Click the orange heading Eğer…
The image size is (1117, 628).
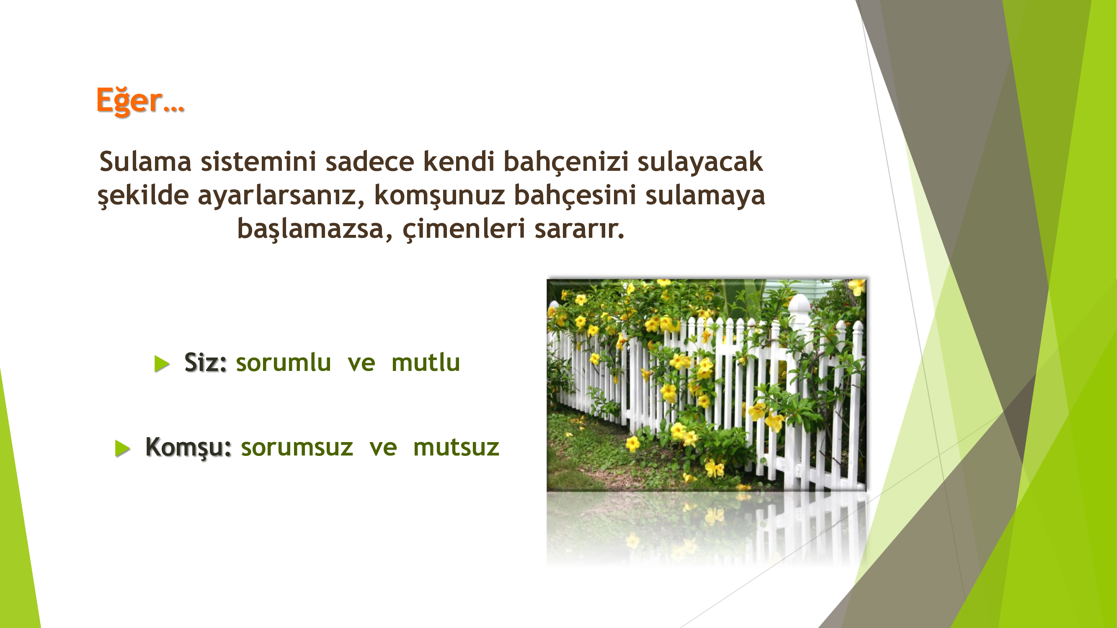140,100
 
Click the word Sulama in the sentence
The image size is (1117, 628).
145,161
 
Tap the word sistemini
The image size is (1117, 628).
258,161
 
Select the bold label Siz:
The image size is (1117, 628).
206,362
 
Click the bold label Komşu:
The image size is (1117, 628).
188,447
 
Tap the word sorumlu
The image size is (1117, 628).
283,362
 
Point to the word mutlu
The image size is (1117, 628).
426,362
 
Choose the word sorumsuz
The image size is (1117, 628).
297,448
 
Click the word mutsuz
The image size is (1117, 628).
456,448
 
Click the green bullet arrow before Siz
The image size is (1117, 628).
162,364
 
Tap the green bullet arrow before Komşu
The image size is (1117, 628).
123,448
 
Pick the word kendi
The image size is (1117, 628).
459,161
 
